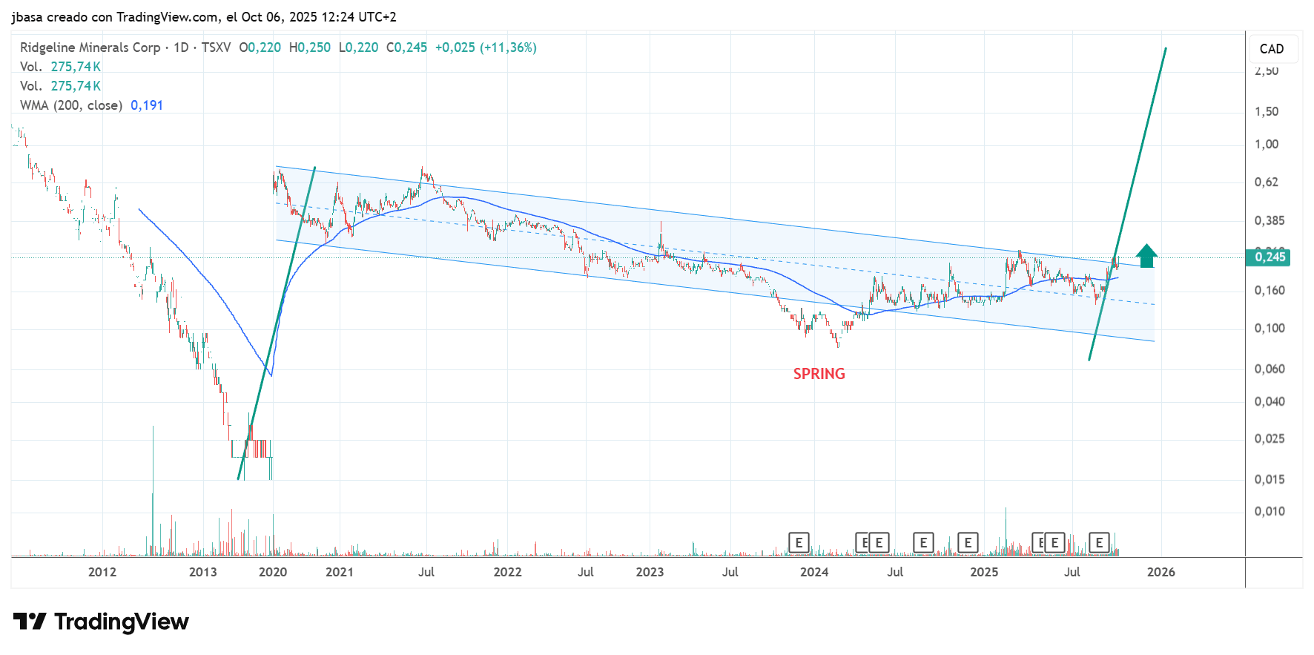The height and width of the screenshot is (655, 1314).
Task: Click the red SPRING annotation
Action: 819,374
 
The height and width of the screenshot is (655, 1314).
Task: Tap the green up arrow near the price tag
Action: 1146,256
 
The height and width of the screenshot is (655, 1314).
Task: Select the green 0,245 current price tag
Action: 1270,257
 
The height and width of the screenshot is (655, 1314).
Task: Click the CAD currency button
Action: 1271,49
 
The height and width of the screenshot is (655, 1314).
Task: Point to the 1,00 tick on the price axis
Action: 1267,144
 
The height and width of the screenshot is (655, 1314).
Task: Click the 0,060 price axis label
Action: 1270,369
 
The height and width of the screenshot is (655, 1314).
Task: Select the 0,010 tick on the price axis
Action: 1270,511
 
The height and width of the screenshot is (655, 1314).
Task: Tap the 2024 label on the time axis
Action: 814,572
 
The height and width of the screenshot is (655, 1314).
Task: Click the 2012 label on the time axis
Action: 102,572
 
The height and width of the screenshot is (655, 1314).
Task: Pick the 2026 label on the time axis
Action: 1161,572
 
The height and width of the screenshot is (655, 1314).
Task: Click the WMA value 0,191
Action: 147,105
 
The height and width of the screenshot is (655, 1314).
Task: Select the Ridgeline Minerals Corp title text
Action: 90,47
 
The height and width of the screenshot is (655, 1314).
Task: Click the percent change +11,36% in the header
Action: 508,47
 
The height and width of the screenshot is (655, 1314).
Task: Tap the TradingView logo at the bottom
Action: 101,622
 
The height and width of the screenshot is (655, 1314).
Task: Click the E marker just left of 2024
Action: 799,543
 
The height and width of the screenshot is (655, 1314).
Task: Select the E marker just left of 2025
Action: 968,543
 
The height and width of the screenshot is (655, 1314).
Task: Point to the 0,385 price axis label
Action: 1270,220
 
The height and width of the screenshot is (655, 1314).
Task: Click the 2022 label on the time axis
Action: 507,572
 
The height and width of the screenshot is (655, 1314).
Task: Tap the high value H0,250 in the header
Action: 310,47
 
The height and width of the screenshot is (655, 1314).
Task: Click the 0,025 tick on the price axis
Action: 1270,438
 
